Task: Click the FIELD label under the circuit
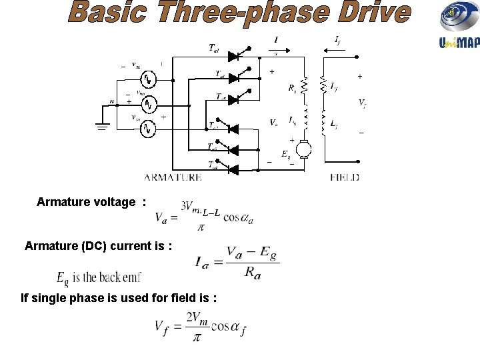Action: (345, 177)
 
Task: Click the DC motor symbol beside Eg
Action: (304, 149)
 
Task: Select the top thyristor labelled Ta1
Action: (233, 49)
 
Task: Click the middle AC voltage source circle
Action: (150, 104)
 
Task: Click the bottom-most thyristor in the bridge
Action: (233, 169)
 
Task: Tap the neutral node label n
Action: (112, 101)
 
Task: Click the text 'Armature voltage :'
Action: (91, 202)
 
